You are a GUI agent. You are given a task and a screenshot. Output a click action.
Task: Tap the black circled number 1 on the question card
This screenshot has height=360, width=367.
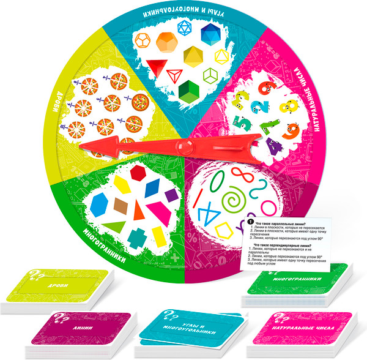click(x=249, y=222)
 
